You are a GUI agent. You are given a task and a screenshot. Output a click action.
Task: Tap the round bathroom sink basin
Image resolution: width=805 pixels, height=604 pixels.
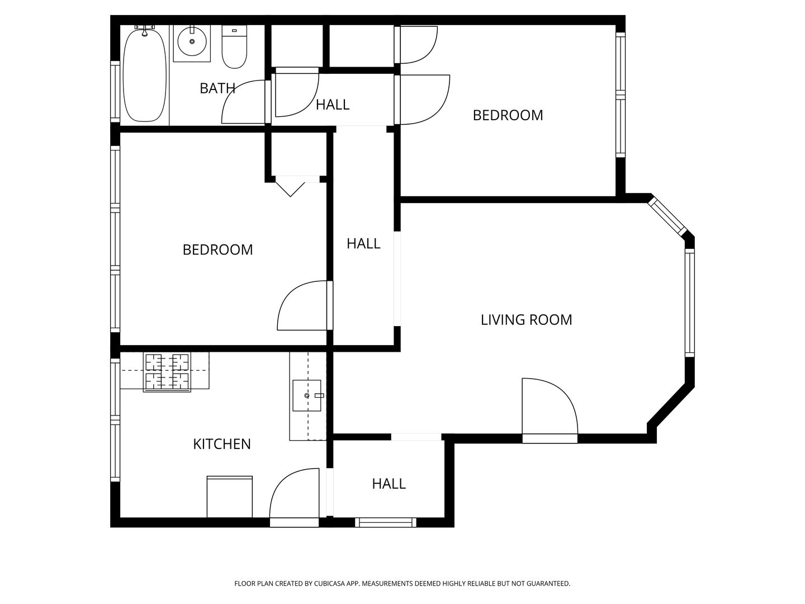(x=191, y=41)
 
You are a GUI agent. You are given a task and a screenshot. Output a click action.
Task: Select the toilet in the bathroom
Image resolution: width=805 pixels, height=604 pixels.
(x=234, y=47)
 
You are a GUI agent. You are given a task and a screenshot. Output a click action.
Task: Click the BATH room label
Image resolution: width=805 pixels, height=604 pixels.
(x=217, y=88)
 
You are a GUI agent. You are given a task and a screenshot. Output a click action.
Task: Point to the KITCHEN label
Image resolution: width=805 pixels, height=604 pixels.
(x=222, y=444)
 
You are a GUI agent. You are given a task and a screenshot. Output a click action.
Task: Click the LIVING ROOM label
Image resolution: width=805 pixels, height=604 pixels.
(x=526, y=320)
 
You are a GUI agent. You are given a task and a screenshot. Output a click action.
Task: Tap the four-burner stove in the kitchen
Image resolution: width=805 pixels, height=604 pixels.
(x=167, y=372)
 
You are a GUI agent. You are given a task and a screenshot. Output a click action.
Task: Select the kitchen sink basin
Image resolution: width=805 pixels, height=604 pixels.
(x=306, y=395)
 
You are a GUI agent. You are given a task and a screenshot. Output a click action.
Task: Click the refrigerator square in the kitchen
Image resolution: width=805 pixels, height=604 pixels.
(x=230, y=497)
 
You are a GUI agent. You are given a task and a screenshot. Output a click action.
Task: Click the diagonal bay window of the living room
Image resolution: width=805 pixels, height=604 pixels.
(x=667, y=217)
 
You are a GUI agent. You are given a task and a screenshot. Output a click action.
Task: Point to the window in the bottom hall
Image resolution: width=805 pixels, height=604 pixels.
(x=385, y=522)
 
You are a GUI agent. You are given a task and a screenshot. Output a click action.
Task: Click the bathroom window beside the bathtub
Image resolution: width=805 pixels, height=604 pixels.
(x=115, y=92)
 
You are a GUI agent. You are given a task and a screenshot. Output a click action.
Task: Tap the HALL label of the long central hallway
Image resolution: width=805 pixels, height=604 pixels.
(x=363, y=243)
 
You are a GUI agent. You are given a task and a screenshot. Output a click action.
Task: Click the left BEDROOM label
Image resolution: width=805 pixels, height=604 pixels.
(x=218, y=250)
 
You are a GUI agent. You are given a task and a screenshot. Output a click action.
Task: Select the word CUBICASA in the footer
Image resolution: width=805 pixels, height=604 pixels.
(x=329, y=583)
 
